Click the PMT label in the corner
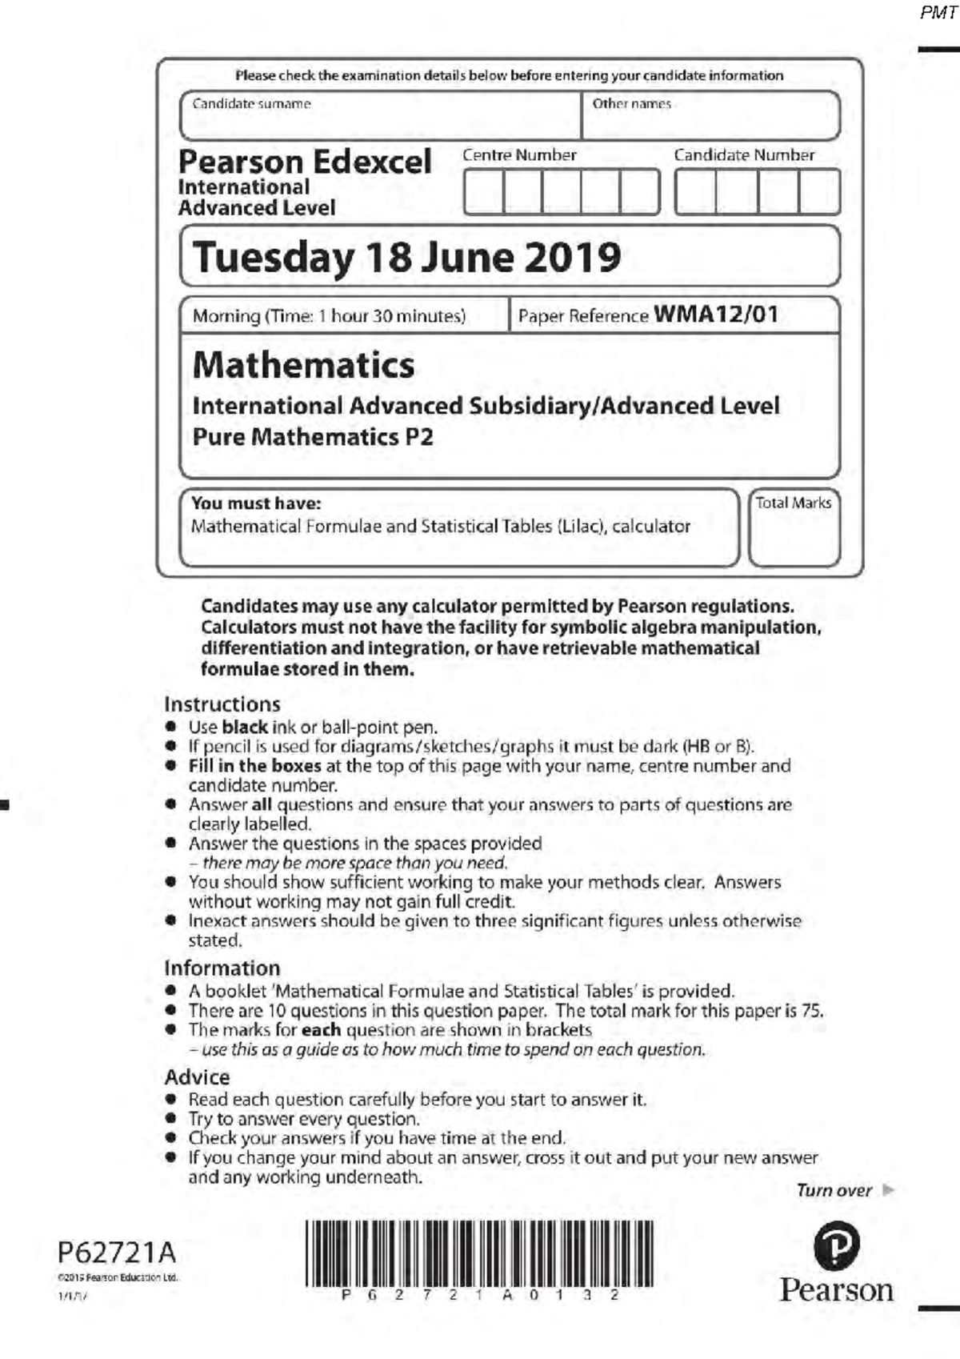(938, 12)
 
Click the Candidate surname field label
(251, 104)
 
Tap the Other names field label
(631, 104)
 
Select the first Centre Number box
(483, 192)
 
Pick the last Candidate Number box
(819, 192)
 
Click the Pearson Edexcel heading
(305, 162)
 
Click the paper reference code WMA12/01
(716, 315)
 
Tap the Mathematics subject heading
(304, 365)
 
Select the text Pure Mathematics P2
(313, 437)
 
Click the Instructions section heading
(222, 704)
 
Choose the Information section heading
(222, 968)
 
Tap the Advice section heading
(197, 1077)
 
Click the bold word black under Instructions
(244, 728)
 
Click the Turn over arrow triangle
(887, 1190)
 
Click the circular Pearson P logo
(836, 1246)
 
